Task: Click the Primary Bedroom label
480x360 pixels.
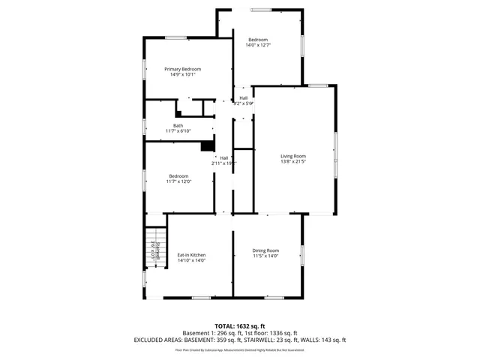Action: point(183,69)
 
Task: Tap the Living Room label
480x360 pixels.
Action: point(294,155)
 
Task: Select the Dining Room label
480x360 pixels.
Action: point(265,250)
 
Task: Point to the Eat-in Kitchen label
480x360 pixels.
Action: point(191,255)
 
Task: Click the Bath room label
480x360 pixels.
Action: point(178,125)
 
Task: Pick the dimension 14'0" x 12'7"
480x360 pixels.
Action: point(258,45)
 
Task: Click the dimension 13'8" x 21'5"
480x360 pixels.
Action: point(294,161)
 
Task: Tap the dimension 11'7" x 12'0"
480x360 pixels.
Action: point(178,181)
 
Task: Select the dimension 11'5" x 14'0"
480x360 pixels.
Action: point(265,256)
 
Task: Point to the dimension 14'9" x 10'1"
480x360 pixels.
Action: point(183,74)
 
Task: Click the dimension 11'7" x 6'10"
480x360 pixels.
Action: point(178,131)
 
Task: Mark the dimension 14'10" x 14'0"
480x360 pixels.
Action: point(191,260)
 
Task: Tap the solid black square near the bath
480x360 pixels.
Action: point(207,147)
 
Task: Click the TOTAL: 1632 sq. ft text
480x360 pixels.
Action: point(240,326)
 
